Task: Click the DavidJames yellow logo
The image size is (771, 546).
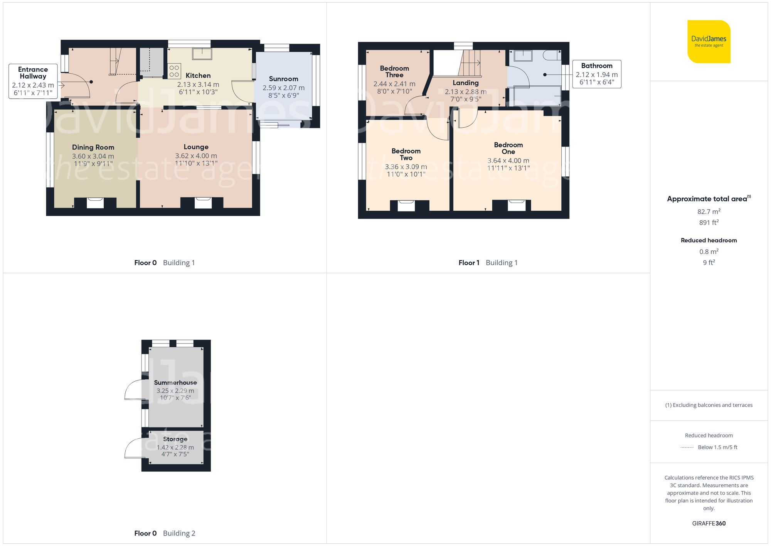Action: click(709, 42)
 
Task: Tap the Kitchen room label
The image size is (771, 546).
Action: click(198, 76)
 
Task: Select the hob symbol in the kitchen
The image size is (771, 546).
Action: click(174, 71)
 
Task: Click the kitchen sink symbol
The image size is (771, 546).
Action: click(202, 54)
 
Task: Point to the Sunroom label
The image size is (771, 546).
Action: click(283, 79)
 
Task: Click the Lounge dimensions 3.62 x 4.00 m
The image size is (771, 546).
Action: click(196, 156)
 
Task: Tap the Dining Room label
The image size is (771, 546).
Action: click(93, 147)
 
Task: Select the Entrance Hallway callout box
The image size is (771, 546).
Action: click(33, 81)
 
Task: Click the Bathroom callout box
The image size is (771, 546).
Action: click(596, 74)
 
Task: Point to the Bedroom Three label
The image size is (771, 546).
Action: click(394, 71)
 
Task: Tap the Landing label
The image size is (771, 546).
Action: click(466, 83)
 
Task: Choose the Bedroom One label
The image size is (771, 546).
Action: click(508, 148)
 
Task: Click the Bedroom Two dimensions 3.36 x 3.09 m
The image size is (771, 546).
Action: click(406, 167)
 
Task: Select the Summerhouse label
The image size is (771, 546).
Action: click(175, 382)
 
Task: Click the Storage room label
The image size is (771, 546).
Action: click(175, 439)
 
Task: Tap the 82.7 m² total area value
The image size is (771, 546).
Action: click(709, 211)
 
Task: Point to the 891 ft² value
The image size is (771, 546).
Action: click(709, 223)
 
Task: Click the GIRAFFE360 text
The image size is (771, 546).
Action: click(709, 523)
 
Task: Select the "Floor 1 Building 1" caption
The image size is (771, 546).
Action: click(488, 263)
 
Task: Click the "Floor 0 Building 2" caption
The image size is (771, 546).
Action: click(165, 533)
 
